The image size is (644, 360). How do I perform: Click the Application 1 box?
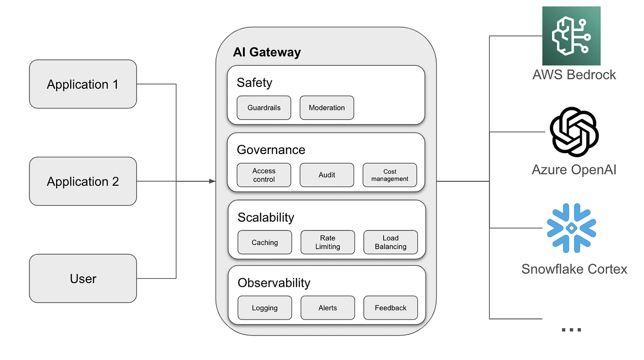[83, 84]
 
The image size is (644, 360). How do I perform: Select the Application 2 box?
[83, 181]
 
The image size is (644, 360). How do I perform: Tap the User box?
[83, 278]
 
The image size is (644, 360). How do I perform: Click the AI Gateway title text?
[267, 52]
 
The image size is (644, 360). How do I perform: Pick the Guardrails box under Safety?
[264, 108]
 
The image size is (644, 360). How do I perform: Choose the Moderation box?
[327, 108]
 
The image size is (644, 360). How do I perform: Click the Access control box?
[264, 175]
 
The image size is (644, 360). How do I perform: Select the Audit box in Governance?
[327, 175]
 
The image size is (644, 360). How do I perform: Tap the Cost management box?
[390, 175]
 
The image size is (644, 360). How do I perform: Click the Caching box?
[265, 242]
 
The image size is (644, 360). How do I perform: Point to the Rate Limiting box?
[328, 242]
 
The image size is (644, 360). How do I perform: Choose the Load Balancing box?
[391, 242]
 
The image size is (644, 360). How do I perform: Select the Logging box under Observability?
[265, 308]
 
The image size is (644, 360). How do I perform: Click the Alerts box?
[328, 308]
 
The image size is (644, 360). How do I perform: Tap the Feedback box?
[391, 308]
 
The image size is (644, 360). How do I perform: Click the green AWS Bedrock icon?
[571, 36]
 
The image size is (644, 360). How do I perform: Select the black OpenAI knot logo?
[574, 132]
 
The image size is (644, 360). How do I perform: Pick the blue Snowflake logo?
[571, 228]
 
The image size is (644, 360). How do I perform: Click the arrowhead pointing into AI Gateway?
[212, 181]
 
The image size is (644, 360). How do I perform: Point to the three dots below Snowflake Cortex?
[571, 330]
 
